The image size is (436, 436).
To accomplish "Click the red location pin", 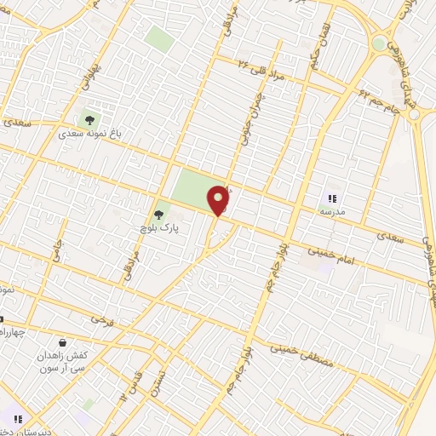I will [x=219, y=200].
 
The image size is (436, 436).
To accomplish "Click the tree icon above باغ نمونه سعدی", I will [x=88, y=120].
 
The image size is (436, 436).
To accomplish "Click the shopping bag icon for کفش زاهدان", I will [x=62, y=342].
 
